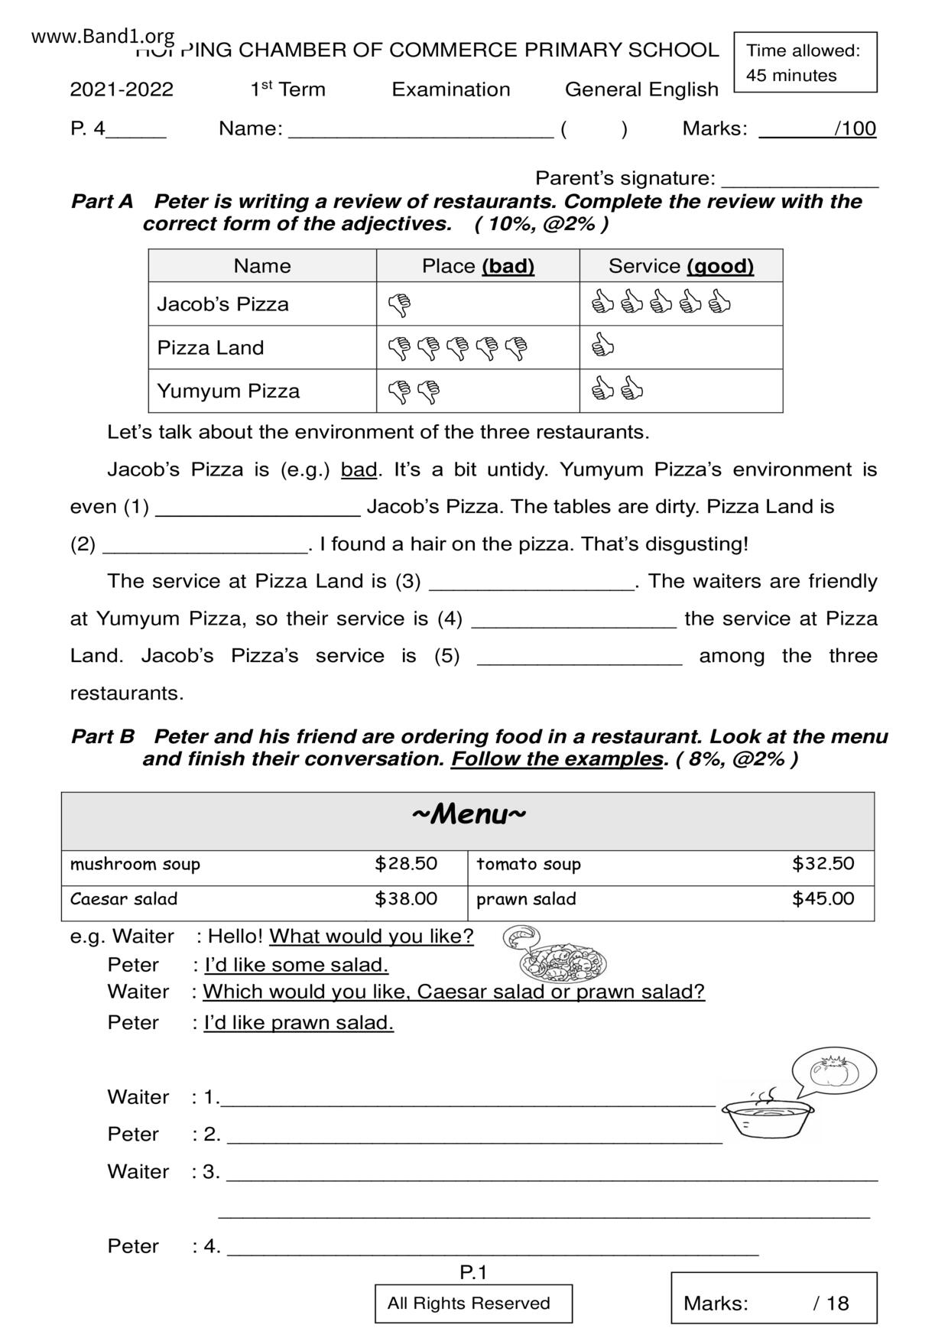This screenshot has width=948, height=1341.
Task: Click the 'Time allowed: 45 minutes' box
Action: [805, 63]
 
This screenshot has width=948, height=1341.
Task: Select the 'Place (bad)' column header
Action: [478, 266]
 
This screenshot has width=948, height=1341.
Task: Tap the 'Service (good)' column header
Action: [680, 266]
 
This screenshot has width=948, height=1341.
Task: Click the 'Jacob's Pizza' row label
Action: [223, 304]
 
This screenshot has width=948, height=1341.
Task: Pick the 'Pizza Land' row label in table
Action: [210, 348]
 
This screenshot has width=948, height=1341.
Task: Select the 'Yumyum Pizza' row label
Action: [228, 391]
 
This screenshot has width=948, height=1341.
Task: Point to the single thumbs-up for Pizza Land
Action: [603, 345]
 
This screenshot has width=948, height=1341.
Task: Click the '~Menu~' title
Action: [469, 815]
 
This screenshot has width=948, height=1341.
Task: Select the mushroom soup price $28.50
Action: [406, 864]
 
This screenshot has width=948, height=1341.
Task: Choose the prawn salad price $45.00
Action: [823, 899]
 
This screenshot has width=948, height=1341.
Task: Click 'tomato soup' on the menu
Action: [528, 865]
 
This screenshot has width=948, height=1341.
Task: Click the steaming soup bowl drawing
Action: [768, 1117]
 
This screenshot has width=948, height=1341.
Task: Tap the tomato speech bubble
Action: [833, 1071]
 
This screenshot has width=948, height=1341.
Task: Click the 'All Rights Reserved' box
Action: [473, 1304]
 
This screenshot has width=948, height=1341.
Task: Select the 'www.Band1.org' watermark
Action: [103, 36]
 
